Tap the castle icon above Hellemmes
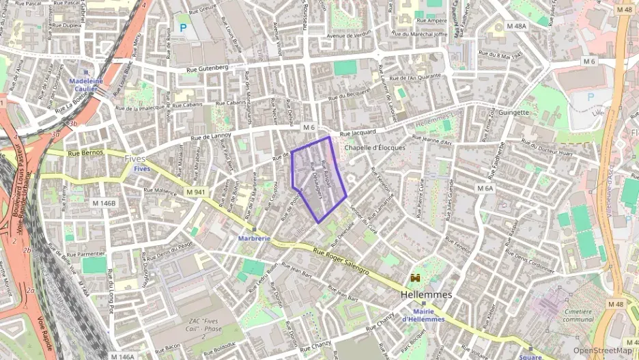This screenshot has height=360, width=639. [415, 279]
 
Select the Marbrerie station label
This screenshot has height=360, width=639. [254, 238]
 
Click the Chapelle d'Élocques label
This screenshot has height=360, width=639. [374, 148]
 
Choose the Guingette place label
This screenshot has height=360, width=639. [514, 112]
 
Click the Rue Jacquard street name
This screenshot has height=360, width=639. [358, 133]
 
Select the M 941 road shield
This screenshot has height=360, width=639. [196, 193]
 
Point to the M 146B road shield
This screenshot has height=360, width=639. [104, 203]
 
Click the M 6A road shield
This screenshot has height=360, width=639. [485, 188]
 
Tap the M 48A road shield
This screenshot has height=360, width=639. [516, 26]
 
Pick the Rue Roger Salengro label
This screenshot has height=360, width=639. [341, 262]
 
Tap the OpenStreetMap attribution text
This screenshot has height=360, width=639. [602, 350]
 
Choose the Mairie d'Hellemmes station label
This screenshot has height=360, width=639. [423, 315]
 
